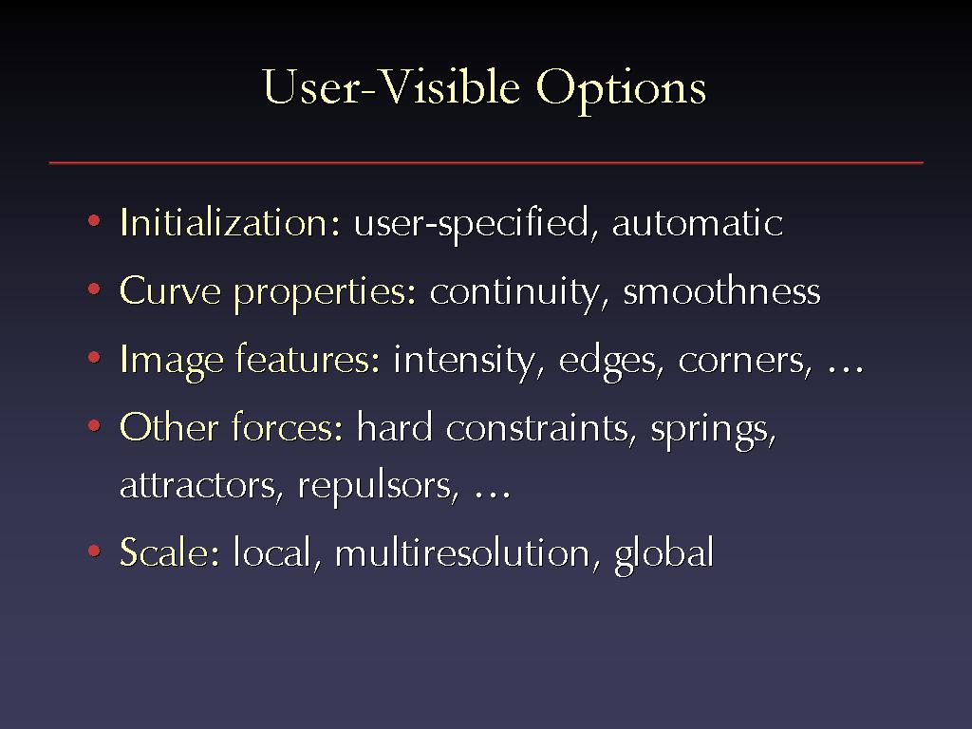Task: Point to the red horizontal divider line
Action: coord(486,162)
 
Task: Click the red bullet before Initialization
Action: coord(94,220)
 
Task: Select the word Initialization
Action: coord(230,222)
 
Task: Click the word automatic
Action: coord(698,222)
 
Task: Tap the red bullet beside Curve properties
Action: coord(94,289)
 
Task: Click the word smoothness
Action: coord(721,290)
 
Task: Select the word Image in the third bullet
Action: coord(172,361)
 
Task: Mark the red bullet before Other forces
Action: coord(94,426)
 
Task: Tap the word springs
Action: coord(713,431)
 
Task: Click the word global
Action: coord(664,553)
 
